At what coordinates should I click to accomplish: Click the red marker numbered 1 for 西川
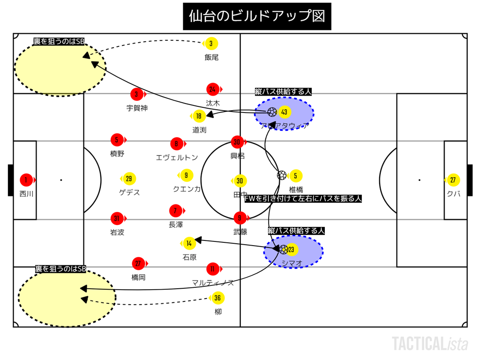[26, 180]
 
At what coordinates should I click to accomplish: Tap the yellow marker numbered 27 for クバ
[453, 180]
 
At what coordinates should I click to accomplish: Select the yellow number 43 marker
[284, 112]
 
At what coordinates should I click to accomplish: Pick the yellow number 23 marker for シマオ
[291, 249]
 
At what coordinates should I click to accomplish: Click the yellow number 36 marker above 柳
[217, 298]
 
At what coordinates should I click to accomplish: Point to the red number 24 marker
[213, 89]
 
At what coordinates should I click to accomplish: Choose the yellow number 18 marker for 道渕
[199, 116]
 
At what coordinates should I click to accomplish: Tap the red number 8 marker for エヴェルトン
[176, 144]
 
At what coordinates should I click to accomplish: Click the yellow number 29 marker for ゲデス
[129, 179]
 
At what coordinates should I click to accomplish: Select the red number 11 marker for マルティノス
[212, 269]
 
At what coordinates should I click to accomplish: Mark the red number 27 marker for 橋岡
[138, 263]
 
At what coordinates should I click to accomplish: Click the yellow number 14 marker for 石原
[189, 243]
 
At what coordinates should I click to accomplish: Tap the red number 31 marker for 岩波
[117, 218]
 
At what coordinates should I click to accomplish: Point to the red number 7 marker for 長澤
[176, 211]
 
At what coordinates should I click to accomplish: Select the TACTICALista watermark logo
[430, 343]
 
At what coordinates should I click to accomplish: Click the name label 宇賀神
[137, 108]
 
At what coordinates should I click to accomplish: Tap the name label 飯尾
[211, 57]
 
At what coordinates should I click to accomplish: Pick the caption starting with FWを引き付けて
[303, 198]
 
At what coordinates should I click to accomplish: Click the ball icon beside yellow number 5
[282, 175]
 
